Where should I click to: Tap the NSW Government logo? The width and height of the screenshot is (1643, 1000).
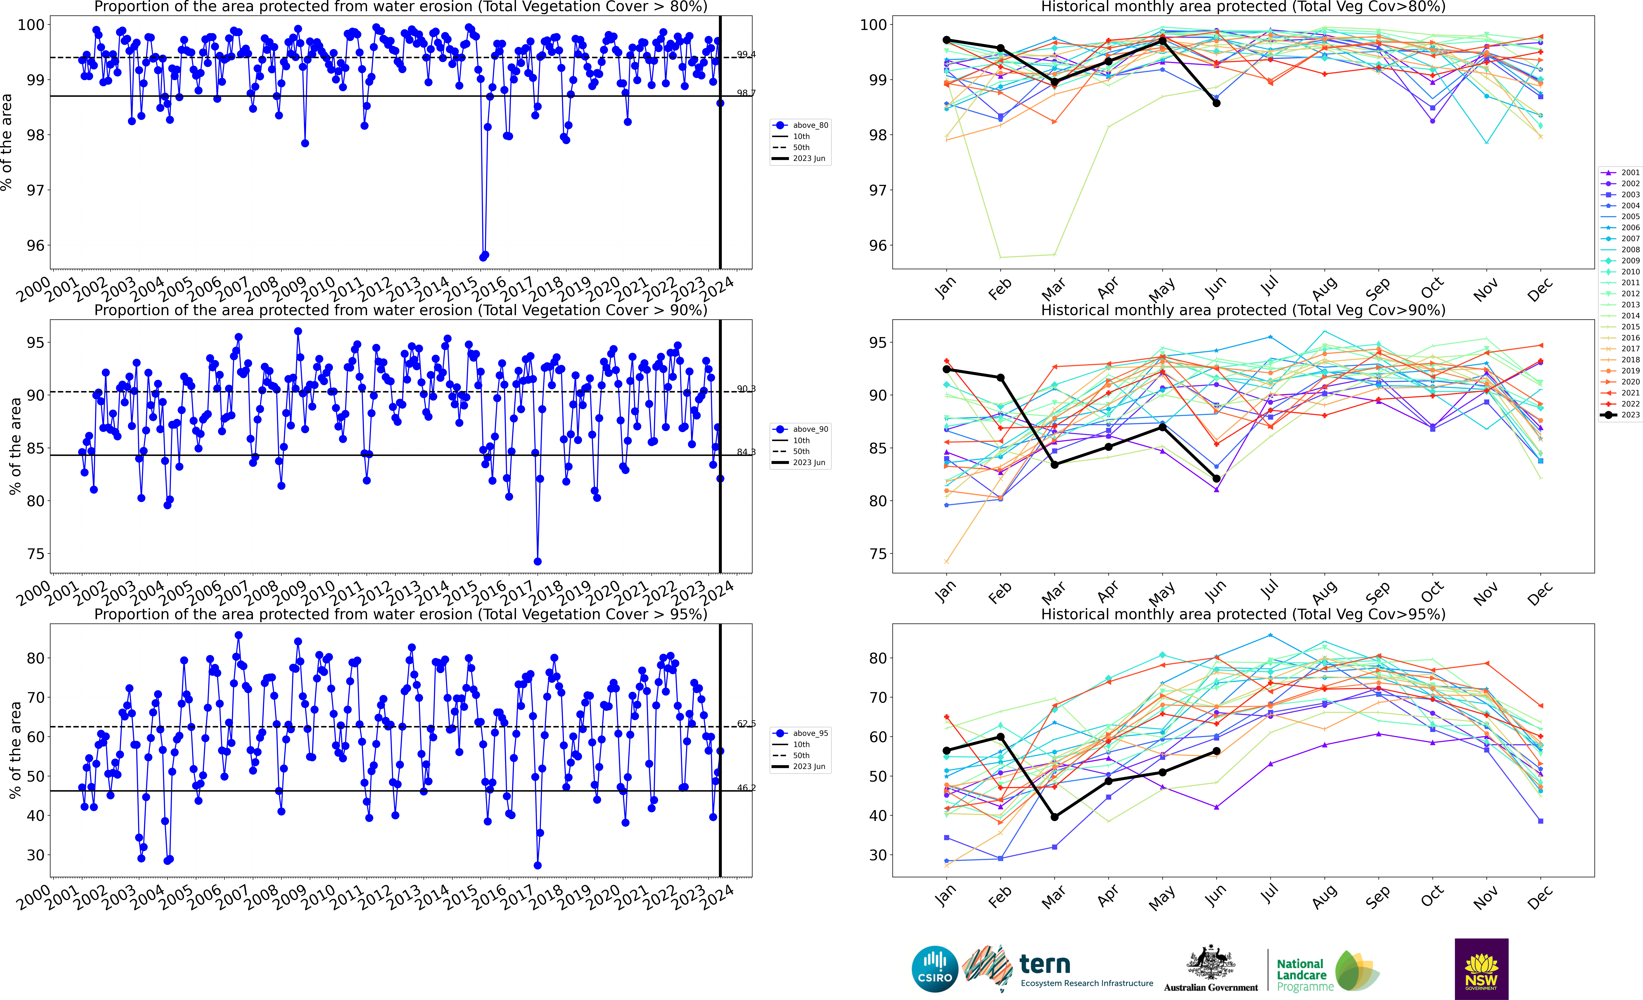(x=1481, y=969)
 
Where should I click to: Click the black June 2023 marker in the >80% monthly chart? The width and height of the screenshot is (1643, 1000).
(x=1216, y=103)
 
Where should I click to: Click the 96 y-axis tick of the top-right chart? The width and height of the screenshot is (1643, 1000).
(x=873, y=245)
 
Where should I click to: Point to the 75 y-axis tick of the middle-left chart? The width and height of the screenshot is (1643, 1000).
(x=35, y=554)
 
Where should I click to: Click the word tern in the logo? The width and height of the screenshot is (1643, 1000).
(x=1045, y=964)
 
